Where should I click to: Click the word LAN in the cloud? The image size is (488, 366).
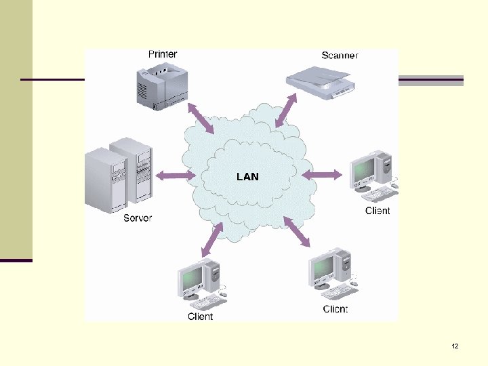(x=247, y=176)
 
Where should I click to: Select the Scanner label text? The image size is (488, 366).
(x=340, y=55)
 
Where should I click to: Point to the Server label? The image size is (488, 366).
(x=138, y=218)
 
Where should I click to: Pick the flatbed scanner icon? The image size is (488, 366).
(x=321, y=81)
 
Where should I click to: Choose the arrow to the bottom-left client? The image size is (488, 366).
(x=212, y=239)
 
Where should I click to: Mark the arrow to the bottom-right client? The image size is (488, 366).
(x=297, y=232)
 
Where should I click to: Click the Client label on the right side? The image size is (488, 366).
(x=378, y=211)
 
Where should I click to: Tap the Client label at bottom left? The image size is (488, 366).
(x=200, y=317)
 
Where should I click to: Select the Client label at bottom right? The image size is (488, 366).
(x=335, y=309)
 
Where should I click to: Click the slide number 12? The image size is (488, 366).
(x=455, y=346)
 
